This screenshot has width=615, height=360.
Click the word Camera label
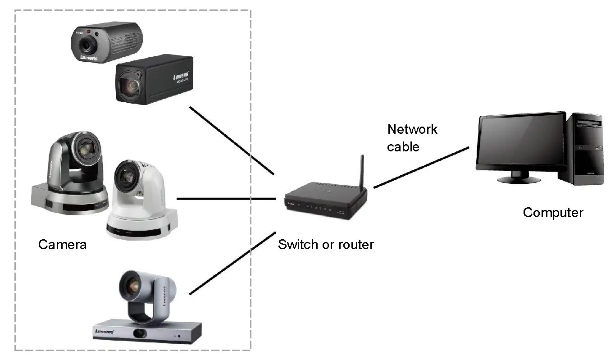click(62, 244)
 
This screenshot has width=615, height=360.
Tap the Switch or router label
click(325, 245)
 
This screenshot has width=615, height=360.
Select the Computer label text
click(553, 212)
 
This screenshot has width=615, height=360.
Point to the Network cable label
click(412, 138)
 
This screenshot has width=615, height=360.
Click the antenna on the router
click(361, 171)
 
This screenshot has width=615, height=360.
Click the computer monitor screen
click(521, 141)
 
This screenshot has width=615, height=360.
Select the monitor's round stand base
click(519, 179)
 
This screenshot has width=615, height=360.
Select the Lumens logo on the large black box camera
click(181, 75)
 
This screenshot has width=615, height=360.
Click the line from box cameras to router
click(232, 140)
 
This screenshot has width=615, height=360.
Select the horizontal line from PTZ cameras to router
click(225, 198)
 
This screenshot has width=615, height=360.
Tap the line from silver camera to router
click(232, 263)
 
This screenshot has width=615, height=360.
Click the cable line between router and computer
click(421, 167)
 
